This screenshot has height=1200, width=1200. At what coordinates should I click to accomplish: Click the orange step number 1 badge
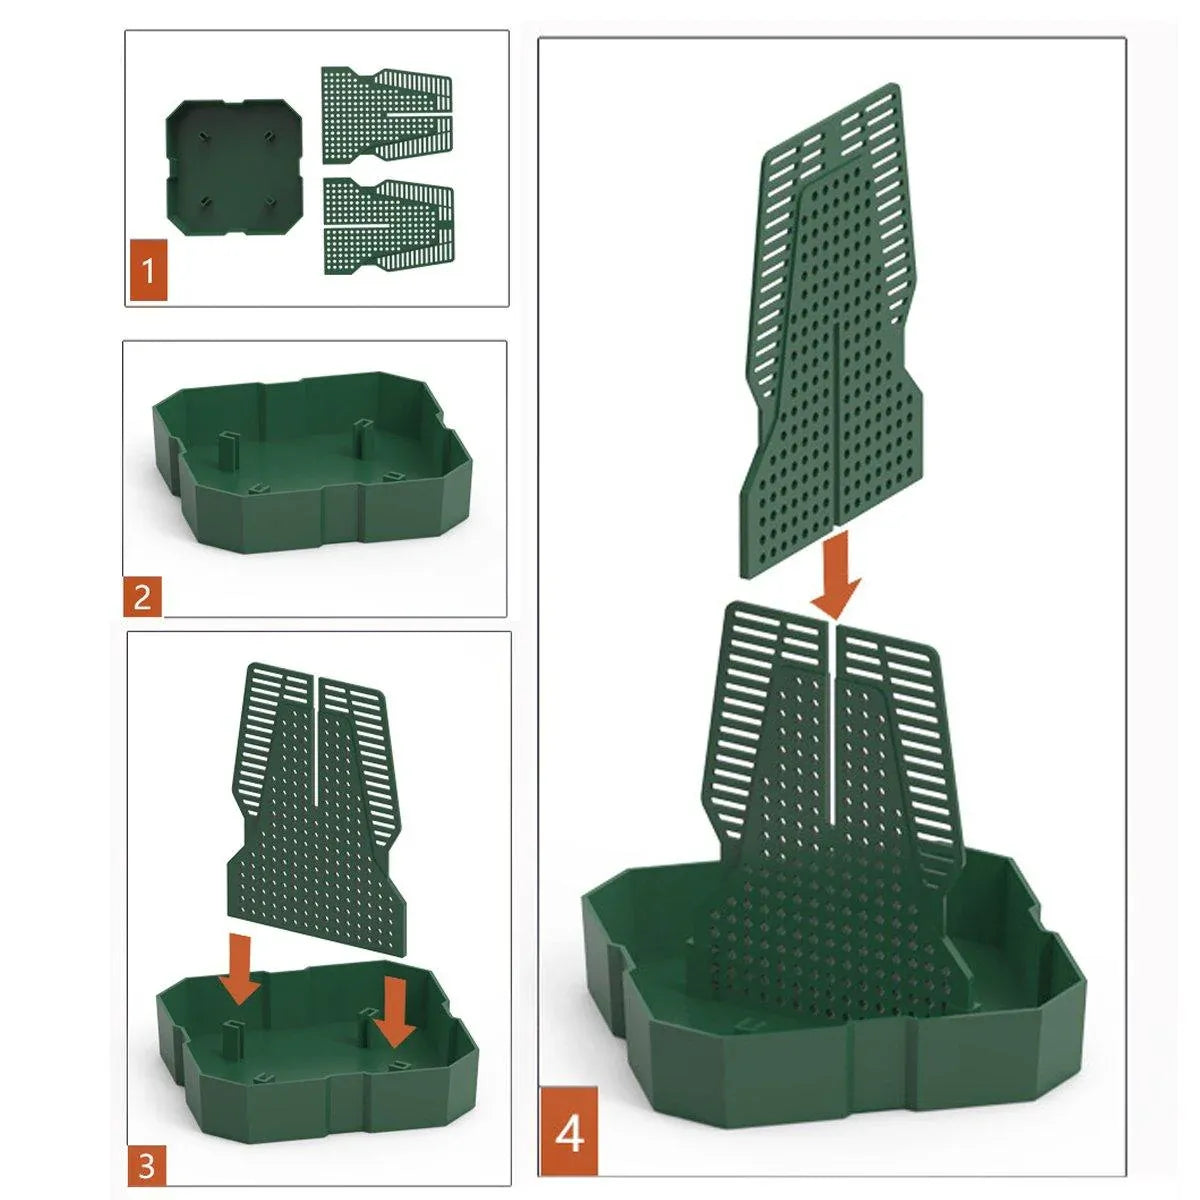point(148,270)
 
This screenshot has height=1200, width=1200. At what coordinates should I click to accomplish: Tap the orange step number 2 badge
point(143,597)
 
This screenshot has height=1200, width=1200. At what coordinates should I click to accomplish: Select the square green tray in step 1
point(235,166)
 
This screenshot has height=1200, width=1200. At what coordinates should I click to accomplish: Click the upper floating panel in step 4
point(831,330)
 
